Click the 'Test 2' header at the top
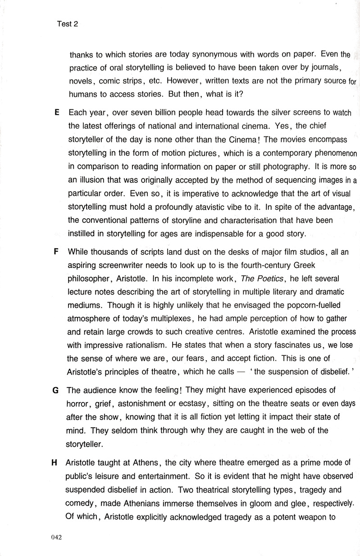click(x=68, y=24)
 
